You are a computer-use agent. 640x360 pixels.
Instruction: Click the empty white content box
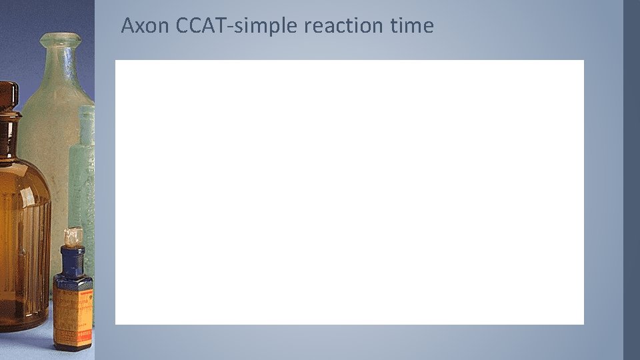click(349, 192)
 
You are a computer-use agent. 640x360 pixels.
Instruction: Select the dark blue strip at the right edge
click(631, 180)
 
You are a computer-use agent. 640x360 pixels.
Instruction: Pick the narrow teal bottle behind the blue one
click(85, 173)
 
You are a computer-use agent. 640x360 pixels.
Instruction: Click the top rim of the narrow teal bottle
click(87, 109)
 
